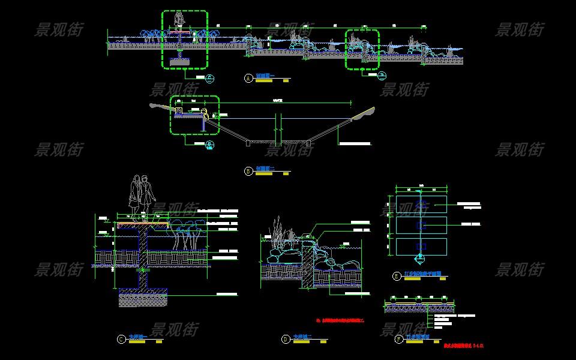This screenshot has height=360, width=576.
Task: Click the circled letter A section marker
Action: coord(248,78)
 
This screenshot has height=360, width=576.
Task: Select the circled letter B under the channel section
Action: coord(248,171)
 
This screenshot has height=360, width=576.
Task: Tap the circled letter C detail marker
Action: coord(121,339)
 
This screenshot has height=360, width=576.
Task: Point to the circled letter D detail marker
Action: coord(286,339)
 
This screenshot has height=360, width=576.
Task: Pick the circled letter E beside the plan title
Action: coord(397,276)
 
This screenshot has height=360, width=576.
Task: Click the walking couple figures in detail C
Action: coord(142,193)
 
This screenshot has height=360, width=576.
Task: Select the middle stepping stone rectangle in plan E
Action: coord(421,226)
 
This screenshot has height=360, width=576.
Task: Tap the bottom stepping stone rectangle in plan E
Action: coord(421,247)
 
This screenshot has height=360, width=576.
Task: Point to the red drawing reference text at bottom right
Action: coord(463,346)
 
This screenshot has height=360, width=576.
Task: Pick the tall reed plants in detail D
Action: coord(278,230)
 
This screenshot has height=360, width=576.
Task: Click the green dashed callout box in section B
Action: coord(194,115)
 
